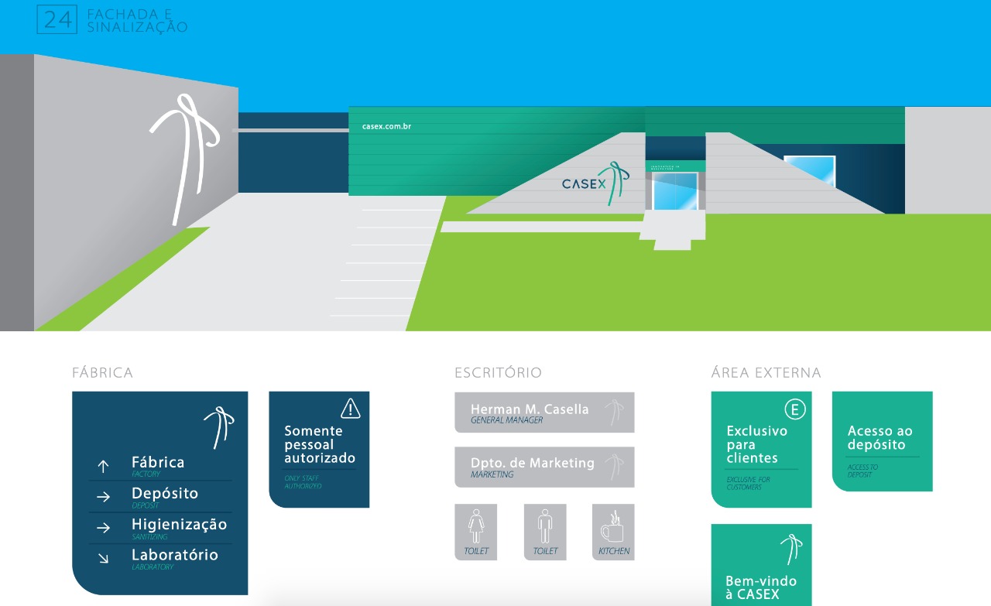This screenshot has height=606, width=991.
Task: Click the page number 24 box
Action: (x=57, y=19)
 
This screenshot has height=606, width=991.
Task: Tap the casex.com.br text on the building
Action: (x=386, y=126)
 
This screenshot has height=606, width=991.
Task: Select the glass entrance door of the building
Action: (x=674, y=191)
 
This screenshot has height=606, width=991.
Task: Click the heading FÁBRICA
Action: (x=102, y=373)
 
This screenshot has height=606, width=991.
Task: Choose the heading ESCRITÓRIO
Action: (x=498, y=373)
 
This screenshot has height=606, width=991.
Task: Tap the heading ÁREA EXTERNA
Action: (x=766, y=373)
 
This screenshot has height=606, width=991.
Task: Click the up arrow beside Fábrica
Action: (x=103, y=466)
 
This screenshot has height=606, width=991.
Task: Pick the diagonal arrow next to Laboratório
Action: (x=103, y=558)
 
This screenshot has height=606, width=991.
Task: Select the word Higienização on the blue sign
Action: (x=179, y=524)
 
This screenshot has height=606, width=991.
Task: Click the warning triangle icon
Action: (x=351, y=408)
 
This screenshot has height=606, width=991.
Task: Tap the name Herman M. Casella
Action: (x=530, y=409)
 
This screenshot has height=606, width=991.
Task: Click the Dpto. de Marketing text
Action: (x=533, y=463)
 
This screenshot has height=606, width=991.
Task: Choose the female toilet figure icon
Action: (x=475, y=527)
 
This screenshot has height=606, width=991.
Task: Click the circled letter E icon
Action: (x=795, y=409)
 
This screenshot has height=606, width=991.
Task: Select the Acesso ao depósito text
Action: (x=880, y=437)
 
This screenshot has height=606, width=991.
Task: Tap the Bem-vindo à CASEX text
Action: (x=760, y=587)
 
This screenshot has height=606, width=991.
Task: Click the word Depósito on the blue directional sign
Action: (x=165, y=493)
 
